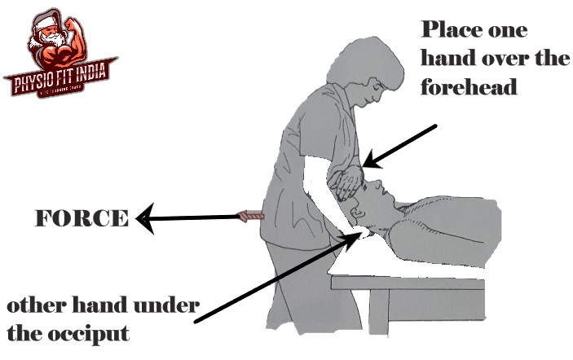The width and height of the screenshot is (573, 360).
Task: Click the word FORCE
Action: [81, 218]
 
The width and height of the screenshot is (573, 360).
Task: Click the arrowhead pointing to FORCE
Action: [143, 218]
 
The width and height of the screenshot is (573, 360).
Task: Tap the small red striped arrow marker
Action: [251, 216]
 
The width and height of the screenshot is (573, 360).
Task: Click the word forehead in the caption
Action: [469, 86]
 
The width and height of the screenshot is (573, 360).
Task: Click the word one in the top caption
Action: [508, 32]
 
